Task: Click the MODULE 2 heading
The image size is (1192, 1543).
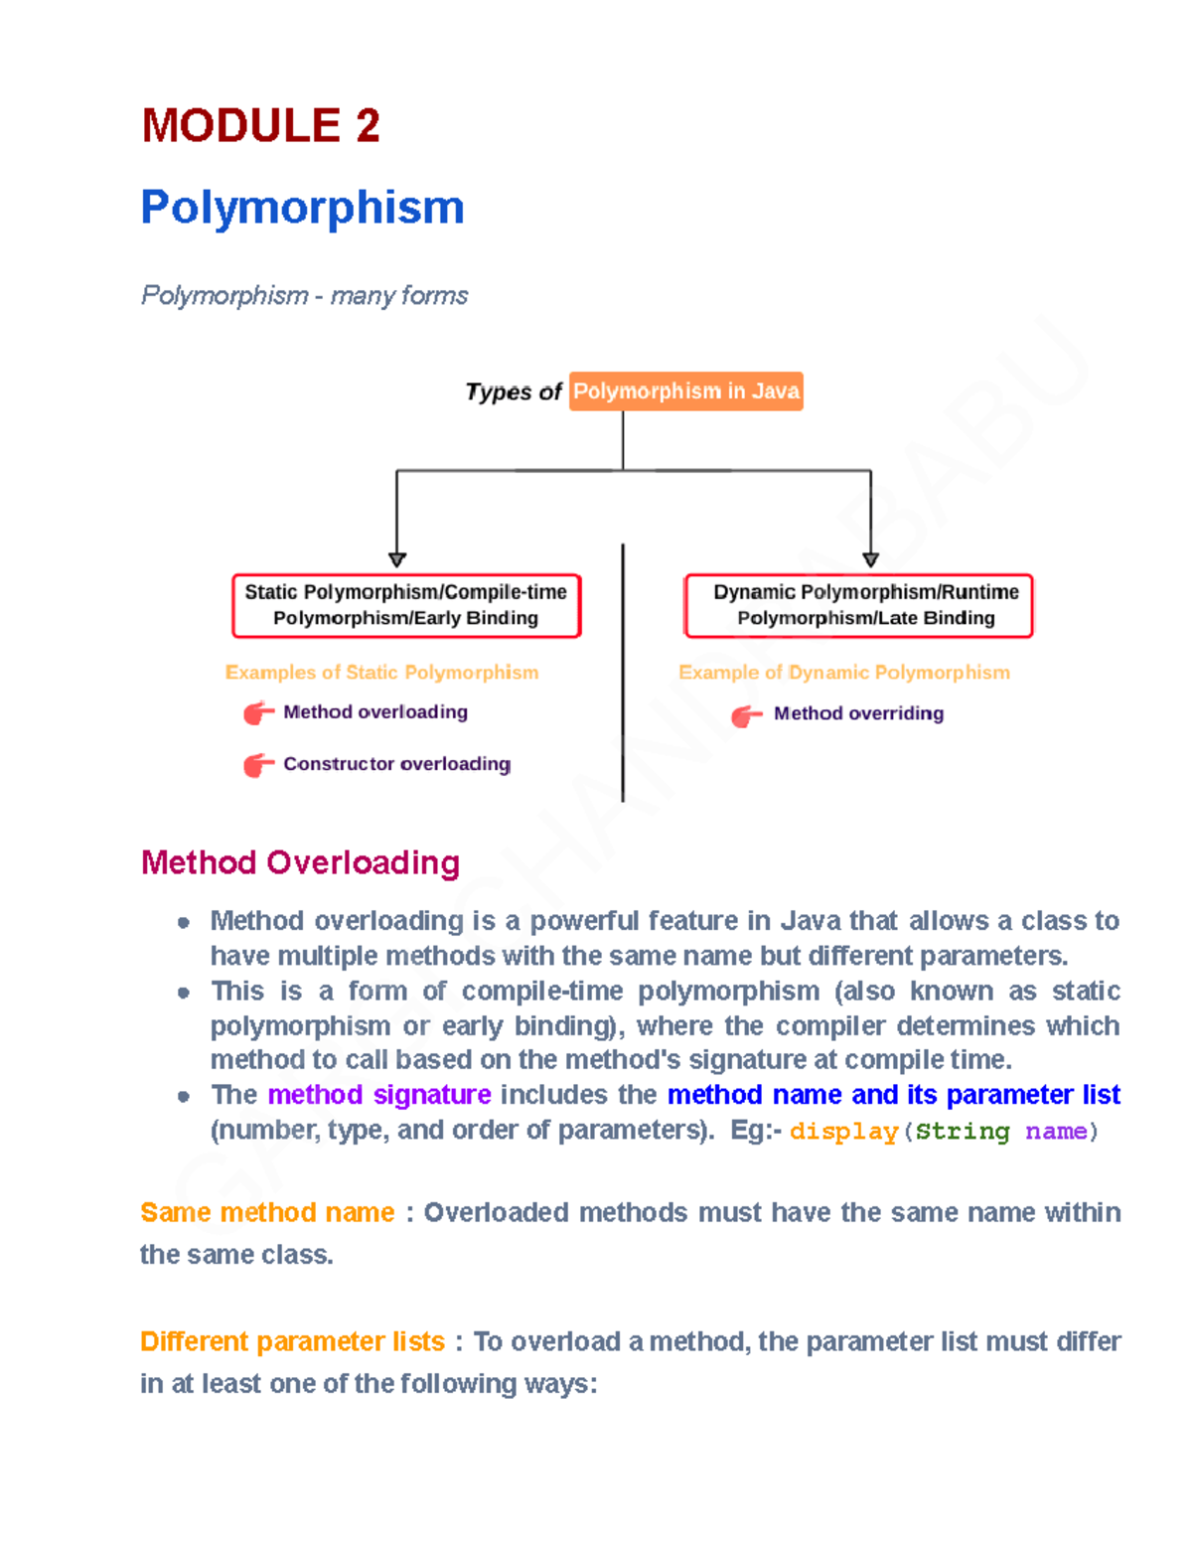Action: point(260,126)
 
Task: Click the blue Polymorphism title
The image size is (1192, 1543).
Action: point(302,208)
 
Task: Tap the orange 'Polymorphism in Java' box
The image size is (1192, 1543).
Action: point(685,391)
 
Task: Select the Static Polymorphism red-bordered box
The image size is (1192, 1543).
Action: point(405,605)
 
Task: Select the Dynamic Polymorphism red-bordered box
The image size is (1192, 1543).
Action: point(858,605)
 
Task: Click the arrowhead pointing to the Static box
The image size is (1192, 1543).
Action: point(397,559)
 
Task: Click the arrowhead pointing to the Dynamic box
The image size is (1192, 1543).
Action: point(870,559)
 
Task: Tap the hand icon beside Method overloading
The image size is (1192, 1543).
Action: point(258,712)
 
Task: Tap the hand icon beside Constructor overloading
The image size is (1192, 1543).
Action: point(258,764)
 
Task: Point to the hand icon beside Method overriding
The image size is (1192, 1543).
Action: point(746,715)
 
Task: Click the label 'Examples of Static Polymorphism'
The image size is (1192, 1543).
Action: point(381,673)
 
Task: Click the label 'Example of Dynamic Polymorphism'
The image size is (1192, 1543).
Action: point(843,673)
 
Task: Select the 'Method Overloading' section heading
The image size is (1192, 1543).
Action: point(300,862)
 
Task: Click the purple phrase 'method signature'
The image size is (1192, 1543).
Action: point(379,1095)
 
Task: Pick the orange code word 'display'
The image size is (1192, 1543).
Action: point(843,1132)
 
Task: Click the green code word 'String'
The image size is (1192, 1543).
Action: point(962,1132)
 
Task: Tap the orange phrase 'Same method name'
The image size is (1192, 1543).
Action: point(267,1213)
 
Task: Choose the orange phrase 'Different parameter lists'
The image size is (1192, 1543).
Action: point(292,1342)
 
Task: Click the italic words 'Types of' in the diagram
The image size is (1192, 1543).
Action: point(514,392)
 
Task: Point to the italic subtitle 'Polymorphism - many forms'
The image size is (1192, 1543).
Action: point(304,296)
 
